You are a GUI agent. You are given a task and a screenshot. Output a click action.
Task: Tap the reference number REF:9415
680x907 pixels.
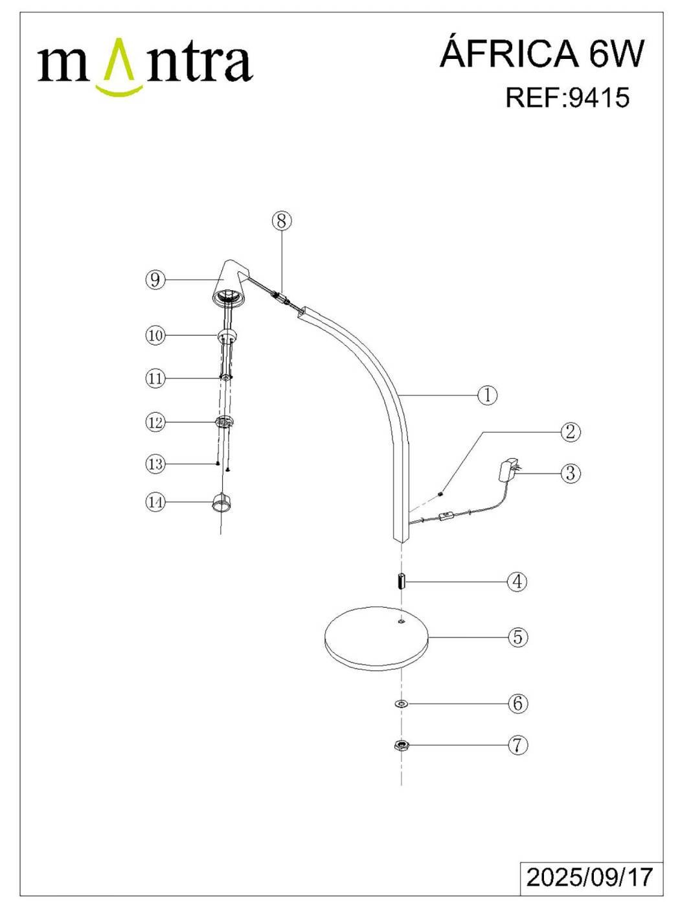pyautogui.click(x=567, y=98)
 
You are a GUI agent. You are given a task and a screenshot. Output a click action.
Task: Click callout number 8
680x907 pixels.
pyautogui.click(x=282, y=221)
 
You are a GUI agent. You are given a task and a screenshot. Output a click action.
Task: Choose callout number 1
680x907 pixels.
pyautogui.click(x=487, y=395)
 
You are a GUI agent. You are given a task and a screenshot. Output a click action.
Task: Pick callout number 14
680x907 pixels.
pyautogui.click(x=155, y=502)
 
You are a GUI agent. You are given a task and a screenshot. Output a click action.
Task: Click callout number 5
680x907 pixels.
pyautogui.click(x=517, y=637)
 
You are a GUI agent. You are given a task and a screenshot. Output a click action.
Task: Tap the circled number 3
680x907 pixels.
pyautogui.click(x=570, y=473)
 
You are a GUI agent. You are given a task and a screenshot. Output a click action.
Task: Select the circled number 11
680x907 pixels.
pyautogui.click(x=155, y=378)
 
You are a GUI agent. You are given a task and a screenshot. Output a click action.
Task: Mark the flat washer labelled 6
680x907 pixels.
pyautogui.click(x=400, y=704)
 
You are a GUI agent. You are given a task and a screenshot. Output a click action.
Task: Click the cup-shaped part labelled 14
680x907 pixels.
pyautogui.click(x=221, y=503)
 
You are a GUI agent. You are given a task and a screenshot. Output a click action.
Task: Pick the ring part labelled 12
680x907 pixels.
pyautogui.click(x=225, y=422)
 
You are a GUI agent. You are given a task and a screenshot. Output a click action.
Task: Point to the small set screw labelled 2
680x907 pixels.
pyautogui.click(x=441, y=493)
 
